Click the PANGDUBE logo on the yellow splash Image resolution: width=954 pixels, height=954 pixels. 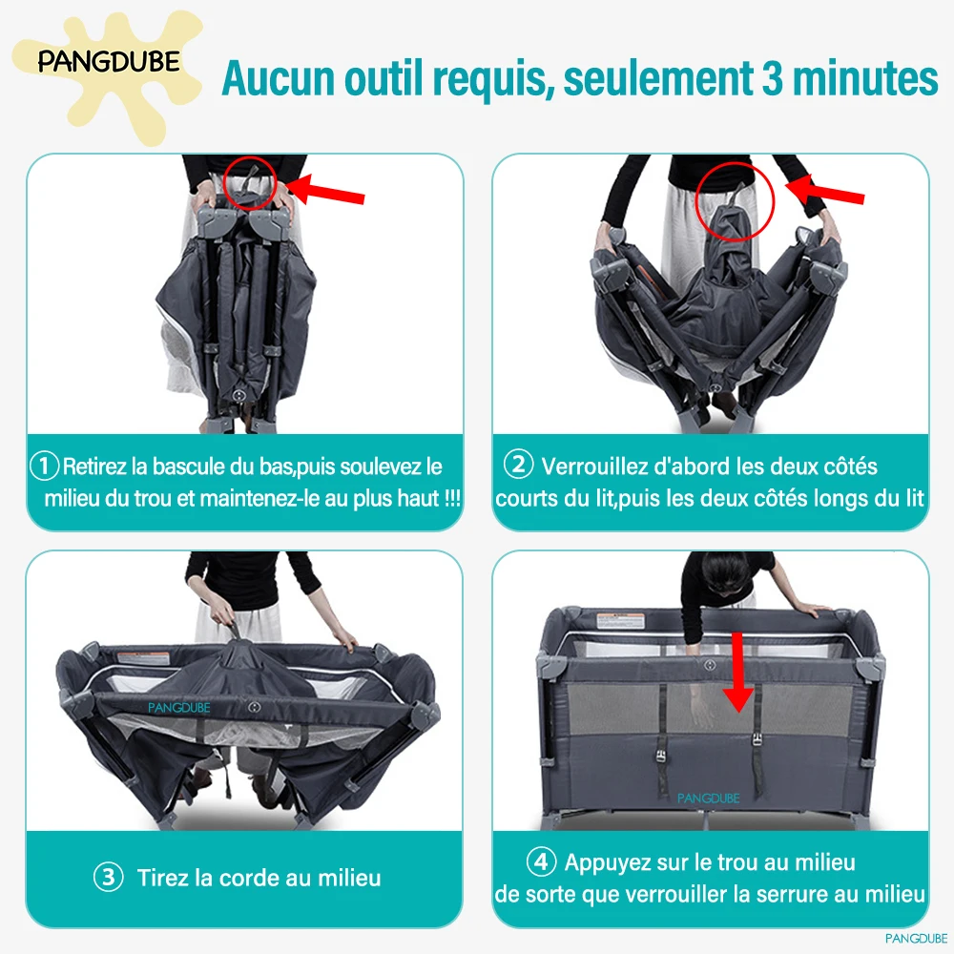(109, 62)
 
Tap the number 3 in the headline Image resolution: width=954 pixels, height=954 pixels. (772, 78)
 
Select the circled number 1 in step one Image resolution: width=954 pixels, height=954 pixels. (45, 467)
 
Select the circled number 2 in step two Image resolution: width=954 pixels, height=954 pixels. (518, 465)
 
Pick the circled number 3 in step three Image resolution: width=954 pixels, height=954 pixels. (109, 878)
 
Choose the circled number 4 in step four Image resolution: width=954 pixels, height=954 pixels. (541, 861)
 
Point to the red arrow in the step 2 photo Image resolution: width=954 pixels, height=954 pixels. (825, 189)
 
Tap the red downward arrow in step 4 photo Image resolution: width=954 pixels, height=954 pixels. (738, 672)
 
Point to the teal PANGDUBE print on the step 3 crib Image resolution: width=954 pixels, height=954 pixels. (179, 708)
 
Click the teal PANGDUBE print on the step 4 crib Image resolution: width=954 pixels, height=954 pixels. (708, 798)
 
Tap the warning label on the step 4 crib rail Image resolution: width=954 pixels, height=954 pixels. (620, 621)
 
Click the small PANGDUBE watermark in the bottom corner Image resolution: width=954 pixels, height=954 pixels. (916, 939)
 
